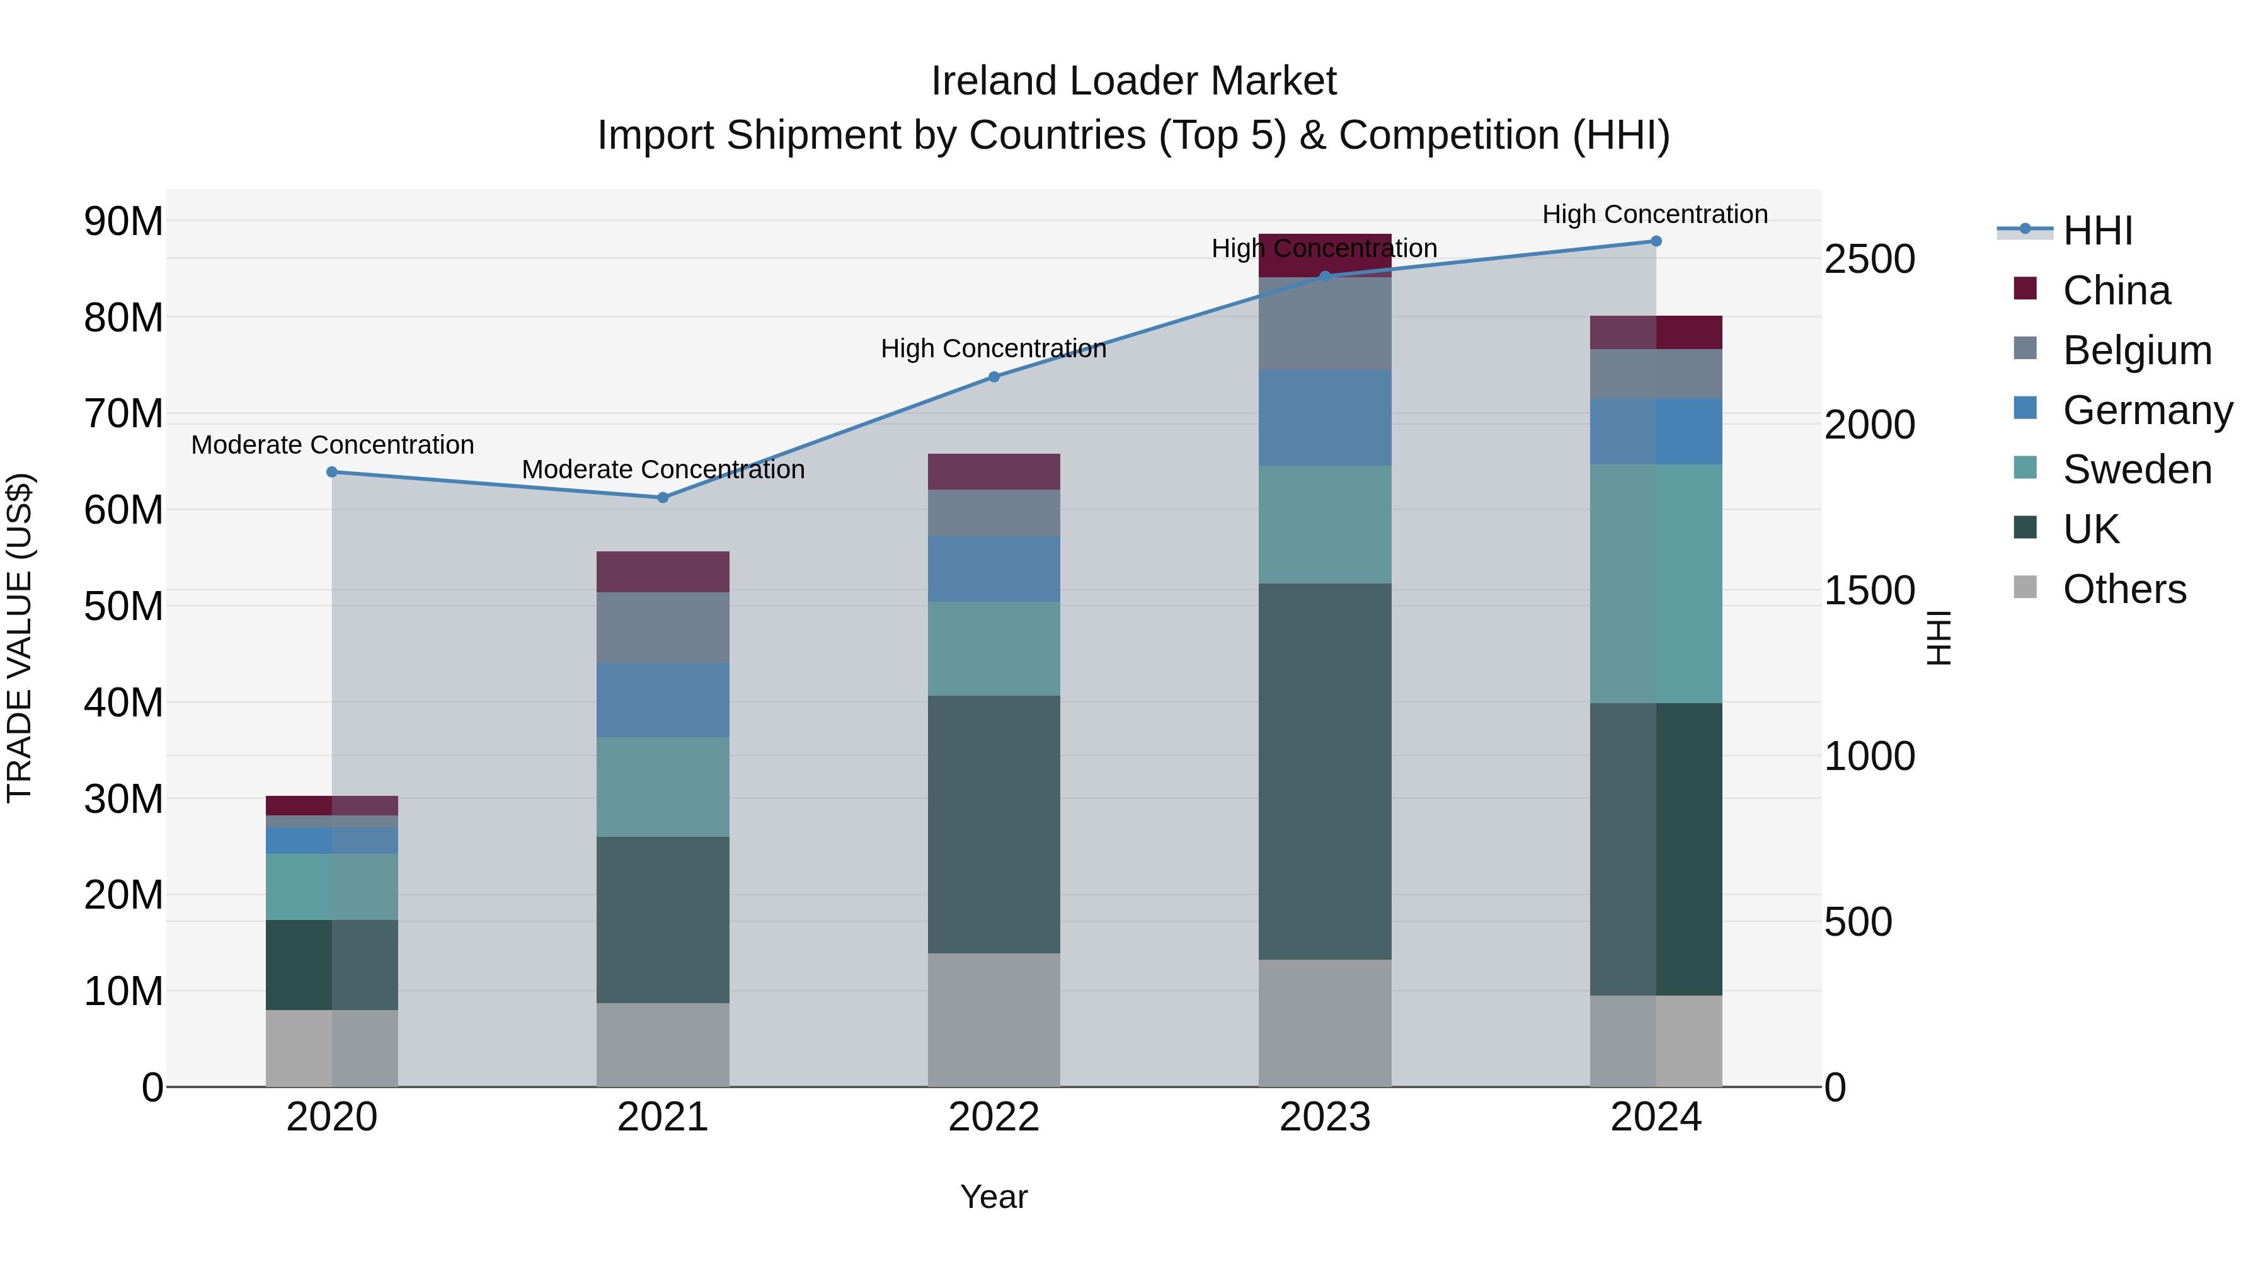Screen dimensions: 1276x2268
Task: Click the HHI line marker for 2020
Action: (332, 472)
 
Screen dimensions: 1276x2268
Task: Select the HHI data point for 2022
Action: (994, 377)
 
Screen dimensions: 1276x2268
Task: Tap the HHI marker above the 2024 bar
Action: (1656, 241)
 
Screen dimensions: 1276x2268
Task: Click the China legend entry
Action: (2117, 290)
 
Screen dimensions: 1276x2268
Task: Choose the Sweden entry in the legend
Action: (2137, 469)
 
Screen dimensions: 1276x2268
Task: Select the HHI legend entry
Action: (2097, 231)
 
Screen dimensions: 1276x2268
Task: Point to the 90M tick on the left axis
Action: (123, 221)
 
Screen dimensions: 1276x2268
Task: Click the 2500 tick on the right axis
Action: (1869, 259)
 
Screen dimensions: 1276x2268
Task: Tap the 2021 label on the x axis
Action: (663, 1117)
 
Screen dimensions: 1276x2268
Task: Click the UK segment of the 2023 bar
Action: (1325, 771)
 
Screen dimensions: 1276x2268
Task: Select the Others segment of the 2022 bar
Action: (994, 1019)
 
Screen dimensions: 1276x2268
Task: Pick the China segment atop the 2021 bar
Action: (663, 572)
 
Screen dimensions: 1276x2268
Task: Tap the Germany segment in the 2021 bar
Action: (663, 699)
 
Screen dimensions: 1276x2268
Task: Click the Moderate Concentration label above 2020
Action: (333, 445)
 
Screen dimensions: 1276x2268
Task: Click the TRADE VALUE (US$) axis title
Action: (20, 638)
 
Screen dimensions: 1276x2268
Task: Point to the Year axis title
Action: (994, 1197)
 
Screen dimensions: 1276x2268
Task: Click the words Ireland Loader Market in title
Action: (1133, 81)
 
